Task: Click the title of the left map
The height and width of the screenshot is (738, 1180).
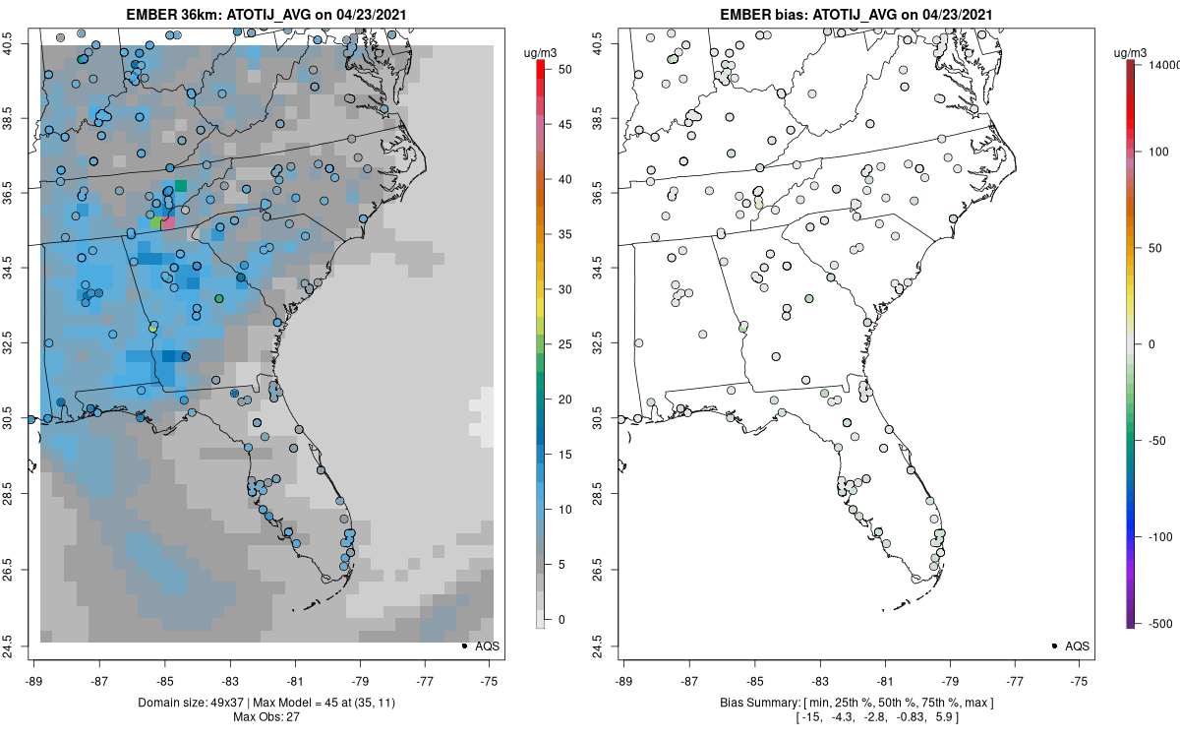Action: point(265,15)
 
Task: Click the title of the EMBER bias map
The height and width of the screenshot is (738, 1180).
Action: point(855,15)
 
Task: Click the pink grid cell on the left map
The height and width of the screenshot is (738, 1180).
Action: point(168,223)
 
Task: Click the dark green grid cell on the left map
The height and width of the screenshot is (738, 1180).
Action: point(181,186)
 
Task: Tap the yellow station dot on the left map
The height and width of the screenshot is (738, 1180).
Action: point(152,328)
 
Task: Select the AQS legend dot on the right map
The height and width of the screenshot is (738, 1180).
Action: point(1054,646)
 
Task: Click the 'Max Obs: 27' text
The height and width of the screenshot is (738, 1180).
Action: point(265,716)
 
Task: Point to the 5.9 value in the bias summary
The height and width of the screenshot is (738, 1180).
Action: point(940,716)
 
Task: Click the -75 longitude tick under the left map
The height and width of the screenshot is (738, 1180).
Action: point(489,665)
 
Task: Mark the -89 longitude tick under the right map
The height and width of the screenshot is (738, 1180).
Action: point(624,665)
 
